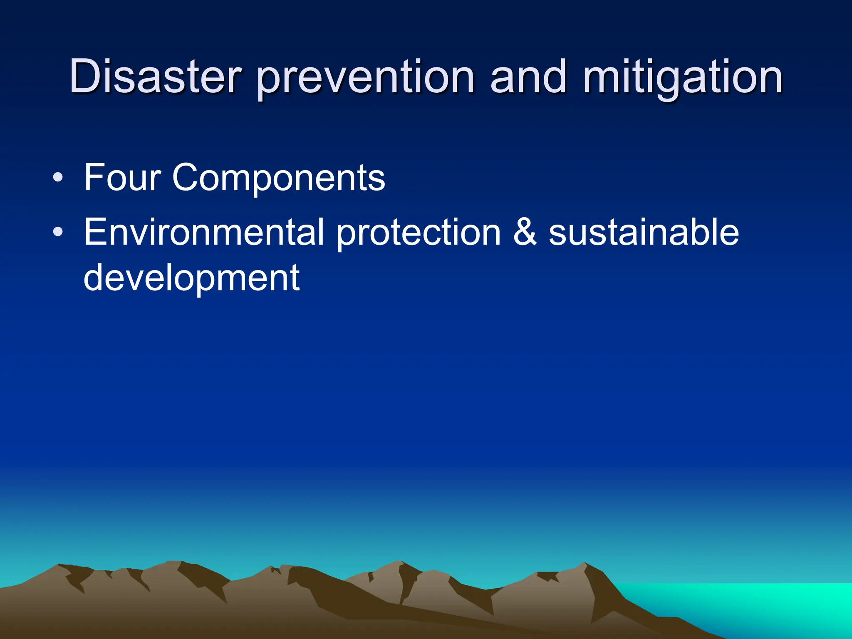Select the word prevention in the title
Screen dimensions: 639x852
365,79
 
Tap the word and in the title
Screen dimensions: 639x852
528,77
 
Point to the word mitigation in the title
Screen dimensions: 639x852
683,79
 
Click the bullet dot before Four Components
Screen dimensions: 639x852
58,178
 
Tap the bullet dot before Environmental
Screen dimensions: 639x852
58,233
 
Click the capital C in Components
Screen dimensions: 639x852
187,178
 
